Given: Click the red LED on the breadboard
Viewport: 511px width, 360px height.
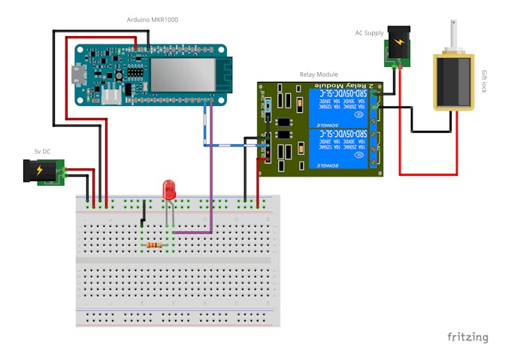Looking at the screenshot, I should tap(169, 189).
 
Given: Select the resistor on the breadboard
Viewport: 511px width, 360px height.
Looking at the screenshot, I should tap(156, 245).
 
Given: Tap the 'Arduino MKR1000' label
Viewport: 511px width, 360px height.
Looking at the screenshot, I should tap(153, 19).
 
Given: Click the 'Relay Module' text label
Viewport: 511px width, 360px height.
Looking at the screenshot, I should tap(319, 75).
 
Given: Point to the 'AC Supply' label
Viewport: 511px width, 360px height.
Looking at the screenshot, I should tap(370, 33).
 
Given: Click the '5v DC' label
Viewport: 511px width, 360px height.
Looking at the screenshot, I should tap(42, 152).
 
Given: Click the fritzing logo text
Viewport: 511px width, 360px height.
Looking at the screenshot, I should tap(467, 337).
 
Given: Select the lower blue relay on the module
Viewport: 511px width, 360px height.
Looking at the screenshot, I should tap(337, 150).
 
